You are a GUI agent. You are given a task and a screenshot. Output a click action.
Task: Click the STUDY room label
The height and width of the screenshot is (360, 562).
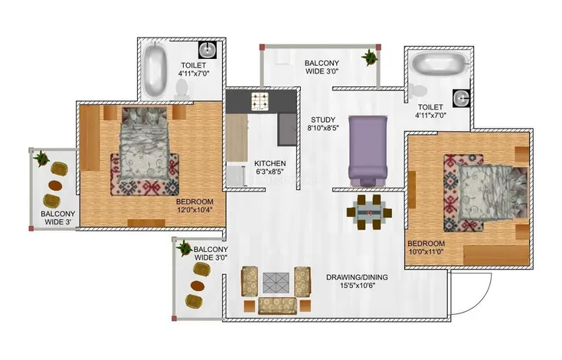click(x=320, y=119)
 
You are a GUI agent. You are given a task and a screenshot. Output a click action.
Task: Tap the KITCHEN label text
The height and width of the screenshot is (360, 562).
click(x=270, y=164)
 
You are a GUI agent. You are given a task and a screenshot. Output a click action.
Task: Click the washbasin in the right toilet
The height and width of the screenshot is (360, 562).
click(x=459, y=98)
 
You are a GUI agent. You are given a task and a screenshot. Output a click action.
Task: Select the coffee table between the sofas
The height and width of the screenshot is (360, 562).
click(x=275, y=281)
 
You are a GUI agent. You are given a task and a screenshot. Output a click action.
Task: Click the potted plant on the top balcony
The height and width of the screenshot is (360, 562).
click(x=371, y=57)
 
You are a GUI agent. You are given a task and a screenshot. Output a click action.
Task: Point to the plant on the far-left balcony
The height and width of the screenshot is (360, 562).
click(x=41, y=159)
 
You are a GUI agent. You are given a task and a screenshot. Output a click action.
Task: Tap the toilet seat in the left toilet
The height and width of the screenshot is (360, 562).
click(x=183, y=90)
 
